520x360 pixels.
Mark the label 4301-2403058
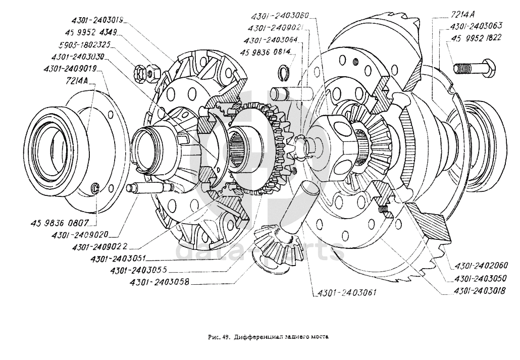[160, 282]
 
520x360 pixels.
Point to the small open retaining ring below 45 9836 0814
[284, 74]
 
